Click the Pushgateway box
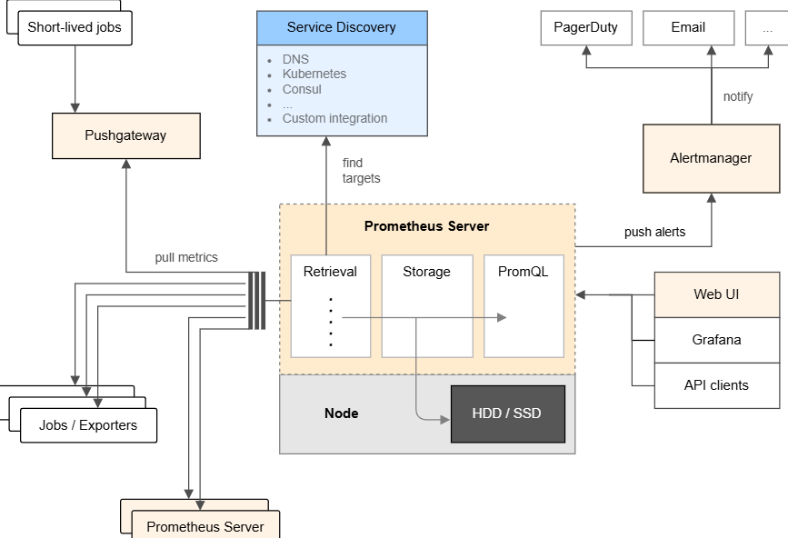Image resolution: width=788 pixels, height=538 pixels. [125, 135]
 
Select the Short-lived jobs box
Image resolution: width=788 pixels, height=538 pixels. [75, 27]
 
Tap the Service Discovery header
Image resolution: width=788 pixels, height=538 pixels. [341, 27]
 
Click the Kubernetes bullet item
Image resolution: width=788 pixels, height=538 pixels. [314, 74]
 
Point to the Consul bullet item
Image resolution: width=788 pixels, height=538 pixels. [302, 89]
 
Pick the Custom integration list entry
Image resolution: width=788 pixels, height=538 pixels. [334, 118]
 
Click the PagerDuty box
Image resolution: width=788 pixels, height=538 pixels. [585, 27]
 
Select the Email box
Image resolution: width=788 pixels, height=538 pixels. [688, 27]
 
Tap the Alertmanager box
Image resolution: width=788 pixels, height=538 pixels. [711, 158]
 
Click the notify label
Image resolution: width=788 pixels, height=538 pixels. [737, 96]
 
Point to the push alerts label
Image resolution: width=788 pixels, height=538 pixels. [654, 232]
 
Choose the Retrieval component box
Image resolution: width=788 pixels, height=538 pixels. [330, 305]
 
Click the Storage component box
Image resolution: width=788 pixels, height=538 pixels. [426, 305]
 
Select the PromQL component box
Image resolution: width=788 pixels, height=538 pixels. [524, 305]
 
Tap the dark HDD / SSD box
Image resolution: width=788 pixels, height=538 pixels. [507, 413]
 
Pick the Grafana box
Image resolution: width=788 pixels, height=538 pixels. [716, 340]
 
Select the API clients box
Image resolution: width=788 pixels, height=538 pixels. [716, 385]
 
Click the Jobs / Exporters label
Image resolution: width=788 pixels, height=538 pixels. [88, 425]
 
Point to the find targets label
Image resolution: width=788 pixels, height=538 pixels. [361, 171]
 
